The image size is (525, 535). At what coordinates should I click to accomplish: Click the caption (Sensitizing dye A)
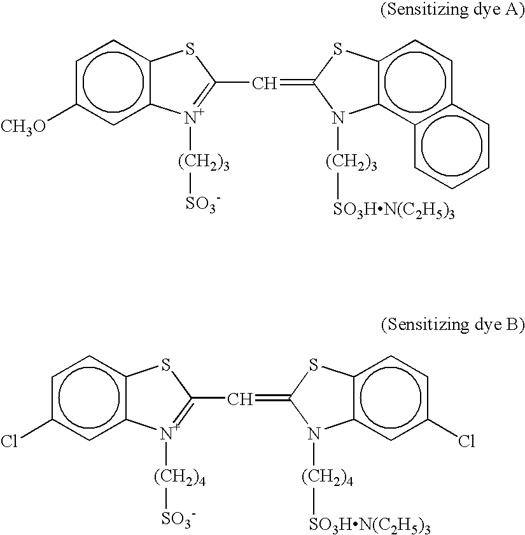click(452, 11)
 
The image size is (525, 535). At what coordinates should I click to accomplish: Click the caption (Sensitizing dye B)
click(452, 325)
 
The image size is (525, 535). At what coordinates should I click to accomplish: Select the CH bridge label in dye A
click(264, 83)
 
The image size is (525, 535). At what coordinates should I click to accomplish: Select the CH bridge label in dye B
click(240, 399)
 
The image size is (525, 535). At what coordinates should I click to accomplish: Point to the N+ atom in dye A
click(192, 117)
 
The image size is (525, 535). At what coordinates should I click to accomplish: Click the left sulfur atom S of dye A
click(189, 49)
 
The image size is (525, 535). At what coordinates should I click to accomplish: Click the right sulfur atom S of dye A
click(338, 49)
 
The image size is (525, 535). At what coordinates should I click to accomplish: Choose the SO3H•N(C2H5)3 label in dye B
click(370, 524)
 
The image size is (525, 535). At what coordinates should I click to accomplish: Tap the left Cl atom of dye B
click(10, 441)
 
